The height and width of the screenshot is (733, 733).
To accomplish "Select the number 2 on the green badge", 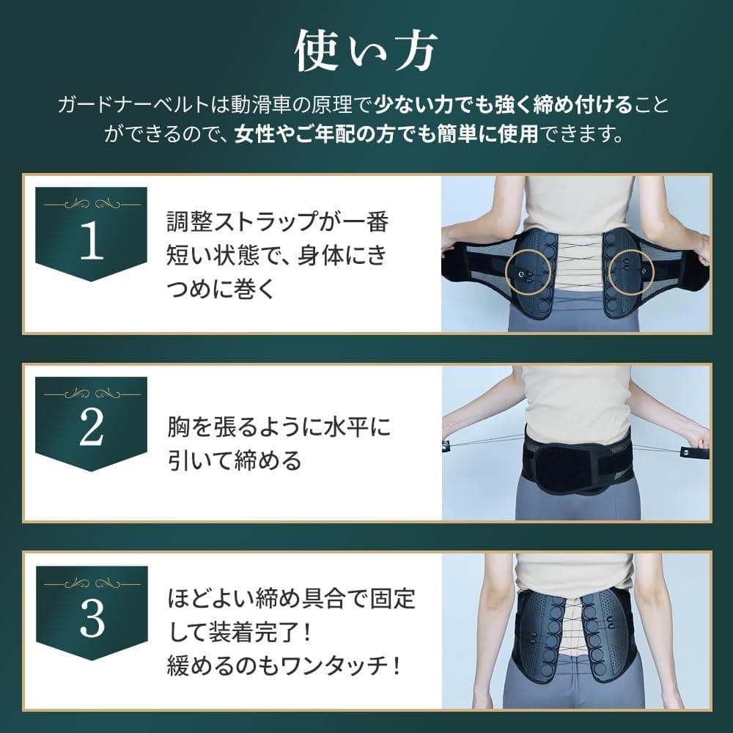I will (92, 430).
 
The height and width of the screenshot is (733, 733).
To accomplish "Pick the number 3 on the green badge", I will (92, 619).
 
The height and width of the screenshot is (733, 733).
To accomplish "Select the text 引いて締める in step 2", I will (235, 460).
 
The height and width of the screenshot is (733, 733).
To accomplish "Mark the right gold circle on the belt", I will (632, 272).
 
